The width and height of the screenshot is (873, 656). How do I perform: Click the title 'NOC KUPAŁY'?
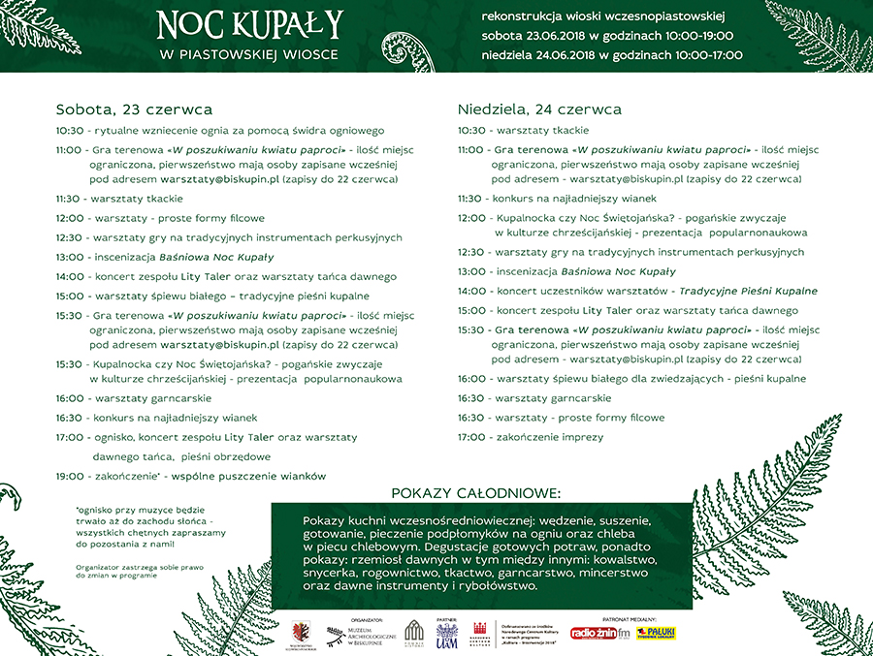point(250,23)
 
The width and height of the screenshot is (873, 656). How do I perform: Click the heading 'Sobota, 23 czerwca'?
point(134,109)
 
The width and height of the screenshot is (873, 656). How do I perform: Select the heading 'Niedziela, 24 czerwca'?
point(539,109)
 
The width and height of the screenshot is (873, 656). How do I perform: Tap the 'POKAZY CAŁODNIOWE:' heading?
point(475,493)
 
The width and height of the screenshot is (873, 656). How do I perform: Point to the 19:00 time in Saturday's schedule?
point(70,476)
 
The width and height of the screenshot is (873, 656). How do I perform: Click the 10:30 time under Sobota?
point(70,130)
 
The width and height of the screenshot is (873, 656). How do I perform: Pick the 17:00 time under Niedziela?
point(471,437)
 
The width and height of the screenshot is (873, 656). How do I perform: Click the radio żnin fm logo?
point(599,633)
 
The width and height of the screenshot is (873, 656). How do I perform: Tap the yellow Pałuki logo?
point(656,633)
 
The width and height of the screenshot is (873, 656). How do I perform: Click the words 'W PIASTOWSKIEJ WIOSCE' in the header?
point(249,54)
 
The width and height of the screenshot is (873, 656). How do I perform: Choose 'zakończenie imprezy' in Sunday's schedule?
point(549,437)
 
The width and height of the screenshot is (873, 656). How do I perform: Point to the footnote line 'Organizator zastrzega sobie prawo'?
point(131,565)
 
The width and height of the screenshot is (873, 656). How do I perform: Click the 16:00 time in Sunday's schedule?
point(471,379)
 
